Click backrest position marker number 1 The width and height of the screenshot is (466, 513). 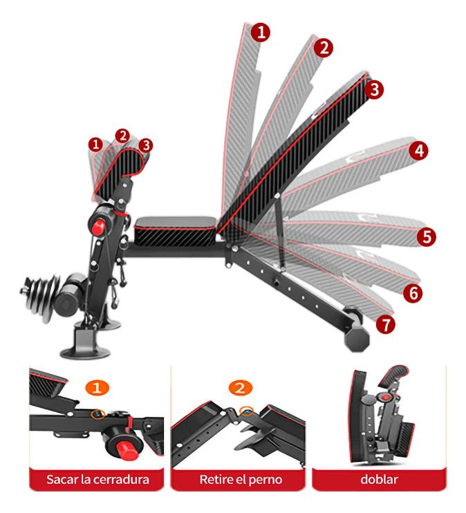(261, 32)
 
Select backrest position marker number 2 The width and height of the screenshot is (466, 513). (324, 48)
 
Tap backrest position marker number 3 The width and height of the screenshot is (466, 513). (374, 89)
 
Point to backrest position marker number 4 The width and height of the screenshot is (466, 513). (419, 151)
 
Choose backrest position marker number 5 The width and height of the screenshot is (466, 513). (427, 236)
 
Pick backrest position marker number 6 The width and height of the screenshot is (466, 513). (413, 293)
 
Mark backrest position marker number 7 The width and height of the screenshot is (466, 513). (386, 324)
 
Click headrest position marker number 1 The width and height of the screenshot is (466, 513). (95, 144)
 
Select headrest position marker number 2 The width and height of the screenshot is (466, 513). (122, 136)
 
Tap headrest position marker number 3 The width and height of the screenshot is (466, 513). (146, 145)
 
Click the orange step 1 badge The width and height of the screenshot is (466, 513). (97, 388)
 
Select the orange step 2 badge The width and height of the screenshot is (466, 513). (240, 388)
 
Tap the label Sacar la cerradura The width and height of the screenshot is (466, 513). (97, 479)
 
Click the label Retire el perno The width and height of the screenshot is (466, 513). (241, 480)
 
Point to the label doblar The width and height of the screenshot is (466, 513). (379, 479)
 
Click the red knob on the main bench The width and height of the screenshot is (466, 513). (98, 227)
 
